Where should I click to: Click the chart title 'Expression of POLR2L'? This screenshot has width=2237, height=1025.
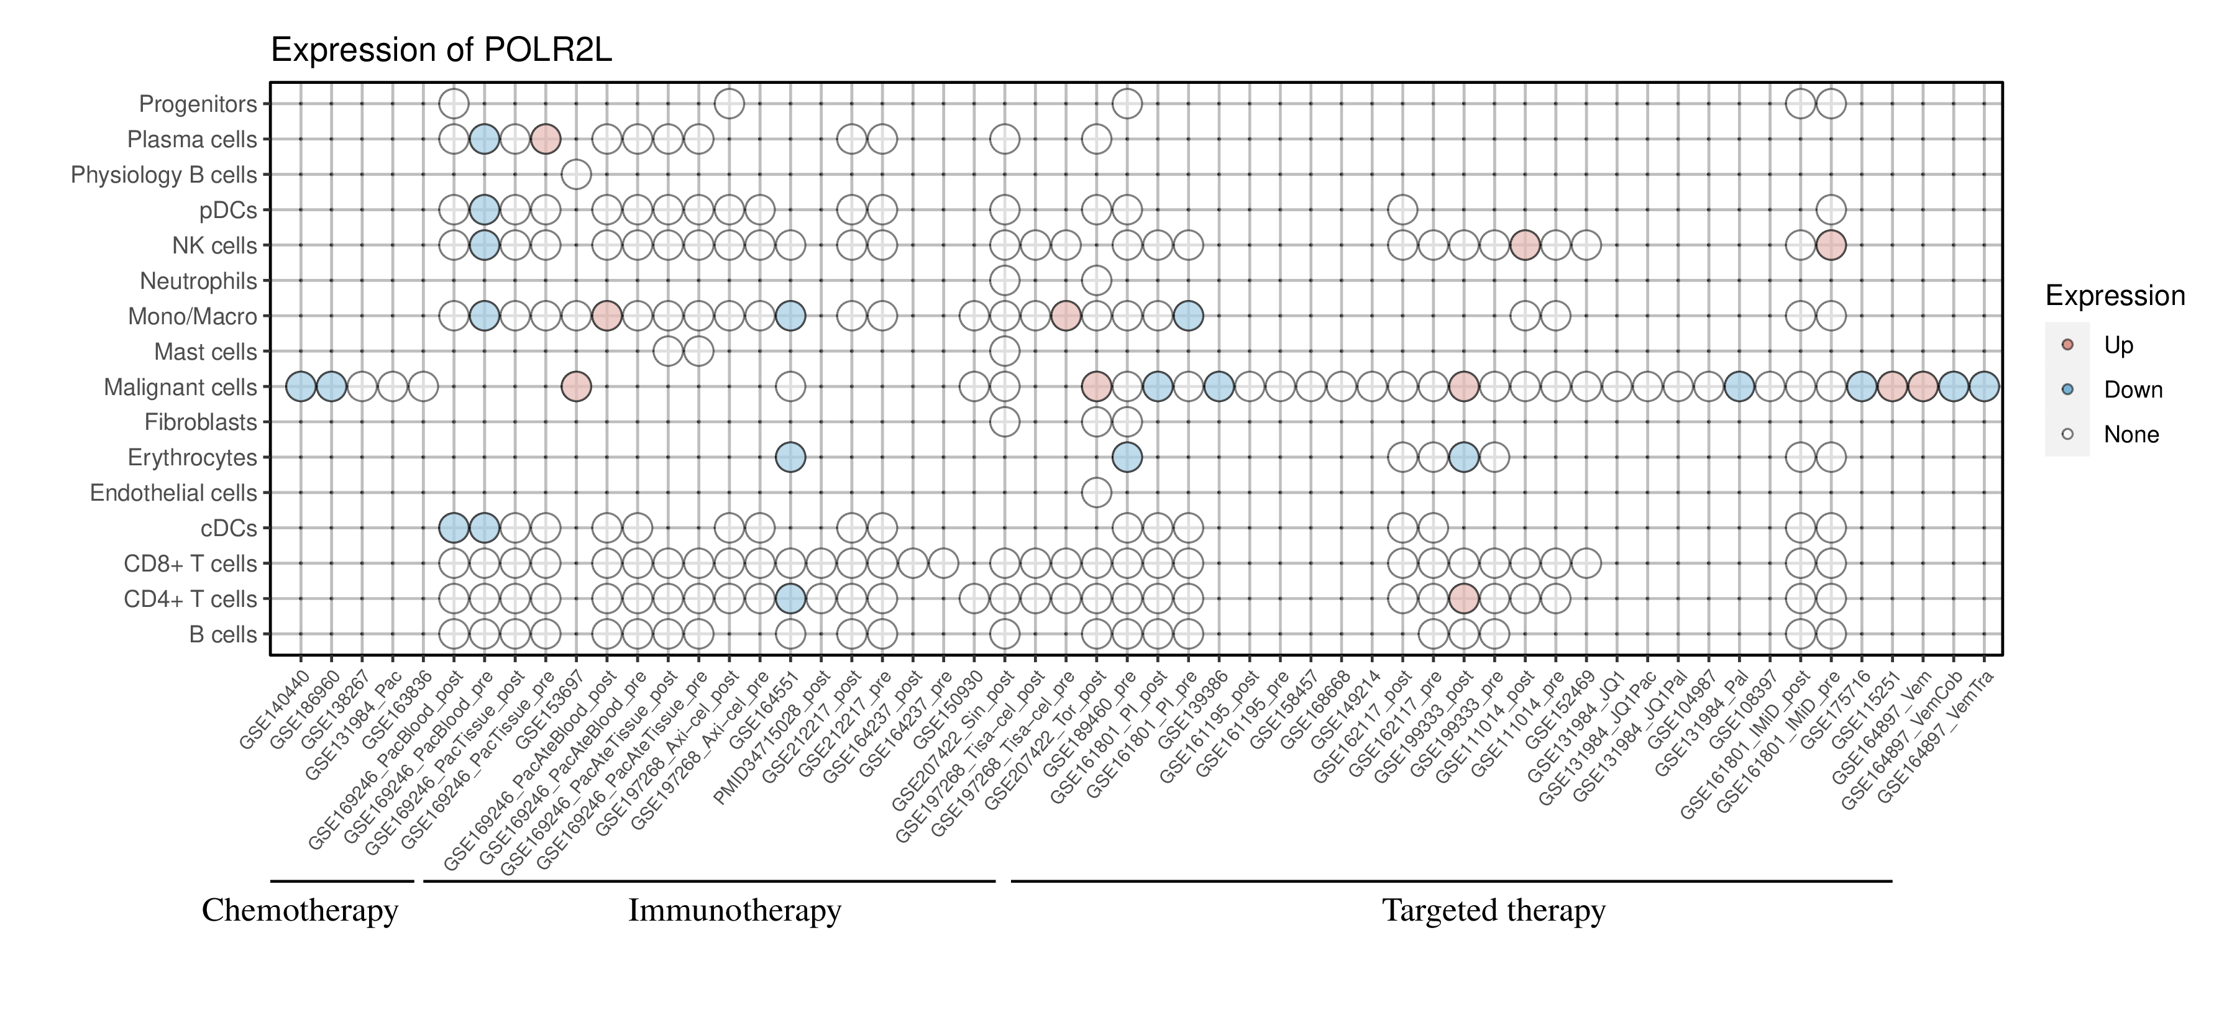(x=441, y=50)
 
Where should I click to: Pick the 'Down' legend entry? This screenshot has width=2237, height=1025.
(x=2132, y=389)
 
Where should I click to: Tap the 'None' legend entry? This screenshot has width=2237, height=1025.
(x=2130, y=435)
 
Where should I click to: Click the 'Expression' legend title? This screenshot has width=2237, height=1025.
(x=2115, y=296)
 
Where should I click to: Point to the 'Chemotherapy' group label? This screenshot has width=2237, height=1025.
(x=300, y=911)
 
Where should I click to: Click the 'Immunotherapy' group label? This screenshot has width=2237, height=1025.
(x=734, y=911)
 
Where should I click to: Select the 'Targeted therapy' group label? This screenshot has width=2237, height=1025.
(x=1494, y=911)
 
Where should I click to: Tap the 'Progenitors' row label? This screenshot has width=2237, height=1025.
(x=198, y=104)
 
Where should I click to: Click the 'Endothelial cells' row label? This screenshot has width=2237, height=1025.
(x=174, y=493)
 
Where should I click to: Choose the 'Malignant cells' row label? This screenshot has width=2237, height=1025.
(x=181, y=387)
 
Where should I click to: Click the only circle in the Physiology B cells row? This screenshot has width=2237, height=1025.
(x=577, y=175)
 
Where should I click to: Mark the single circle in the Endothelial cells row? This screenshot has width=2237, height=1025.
(x=1097, y=493)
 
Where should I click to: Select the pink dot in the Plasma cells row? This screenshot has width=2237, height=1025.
(x=546, y=139)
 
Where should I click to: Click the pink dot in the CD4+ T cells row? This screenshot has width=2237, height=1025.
(x=1464, y=599)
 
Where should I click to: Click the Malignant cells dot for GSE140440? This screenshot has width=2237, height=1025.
(x=301, y=387)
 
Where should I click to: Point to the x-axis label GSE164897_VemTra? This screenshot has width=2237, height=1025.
(x=1945, y=734)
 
